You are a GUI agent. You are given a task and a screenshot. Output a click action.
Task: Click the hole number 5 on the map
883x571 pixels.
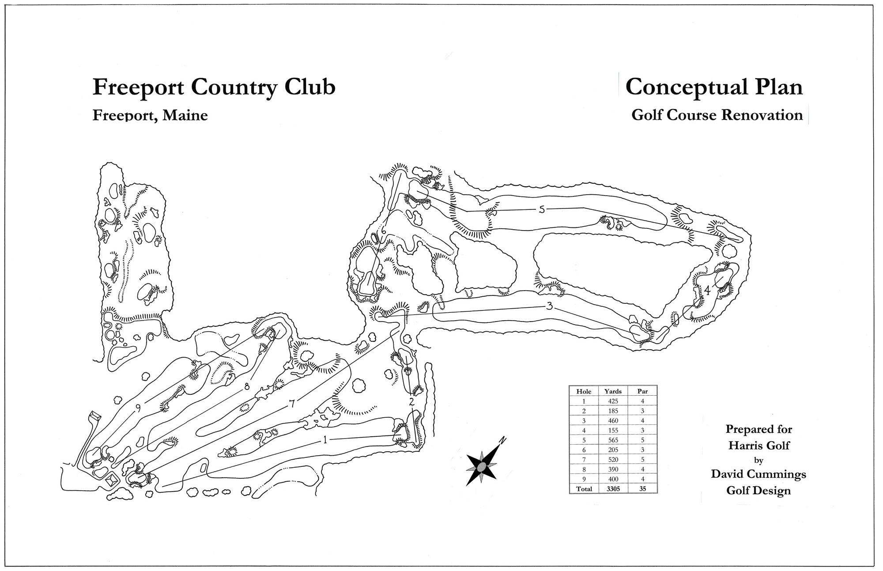pos(542,210)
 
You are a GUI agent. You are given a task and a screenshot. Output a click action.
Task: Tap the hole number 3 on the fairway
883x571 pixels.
pos(550,306)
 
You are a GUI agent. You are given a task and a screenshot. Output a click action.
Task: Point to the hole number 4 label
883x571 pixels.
pos(707,290)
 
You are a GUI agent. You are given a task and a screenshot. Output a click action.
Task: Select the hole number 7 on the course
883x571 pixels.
pos(291,403)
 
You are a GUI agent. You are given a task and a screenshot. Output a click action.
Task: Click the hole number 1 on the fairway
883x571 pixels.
pos(325,439)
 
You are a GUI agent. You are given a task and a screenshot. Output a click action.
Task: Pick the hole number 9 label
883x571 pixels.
pos(138,408)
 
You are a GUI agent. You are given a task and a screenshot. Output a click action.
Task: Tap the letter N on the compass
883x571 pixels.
pos(502,440)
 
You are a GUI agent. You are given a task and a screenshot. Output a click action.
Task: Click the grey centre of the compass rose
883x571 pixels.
pos(482,467)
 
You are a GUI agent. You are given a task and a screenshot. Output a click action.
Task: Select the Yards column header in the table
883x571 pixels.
pos(612,391)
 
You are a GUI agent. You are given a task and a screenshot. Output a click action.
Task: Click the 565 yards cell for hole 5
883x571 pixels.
pos(612,440)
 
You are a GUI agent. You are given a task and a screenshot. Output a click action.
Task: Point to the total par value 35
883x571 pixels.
pos(642,489)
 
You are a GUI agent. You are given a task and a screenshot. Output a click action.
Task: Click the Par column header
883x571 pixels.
pos(642,391)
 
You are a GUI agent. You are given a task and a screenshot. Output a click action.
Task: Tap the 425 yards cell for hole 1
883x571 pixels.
pos(612,401)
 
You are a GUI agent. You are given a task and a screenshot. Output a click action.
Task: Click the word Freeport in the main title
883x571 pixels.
pos(139,87)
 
